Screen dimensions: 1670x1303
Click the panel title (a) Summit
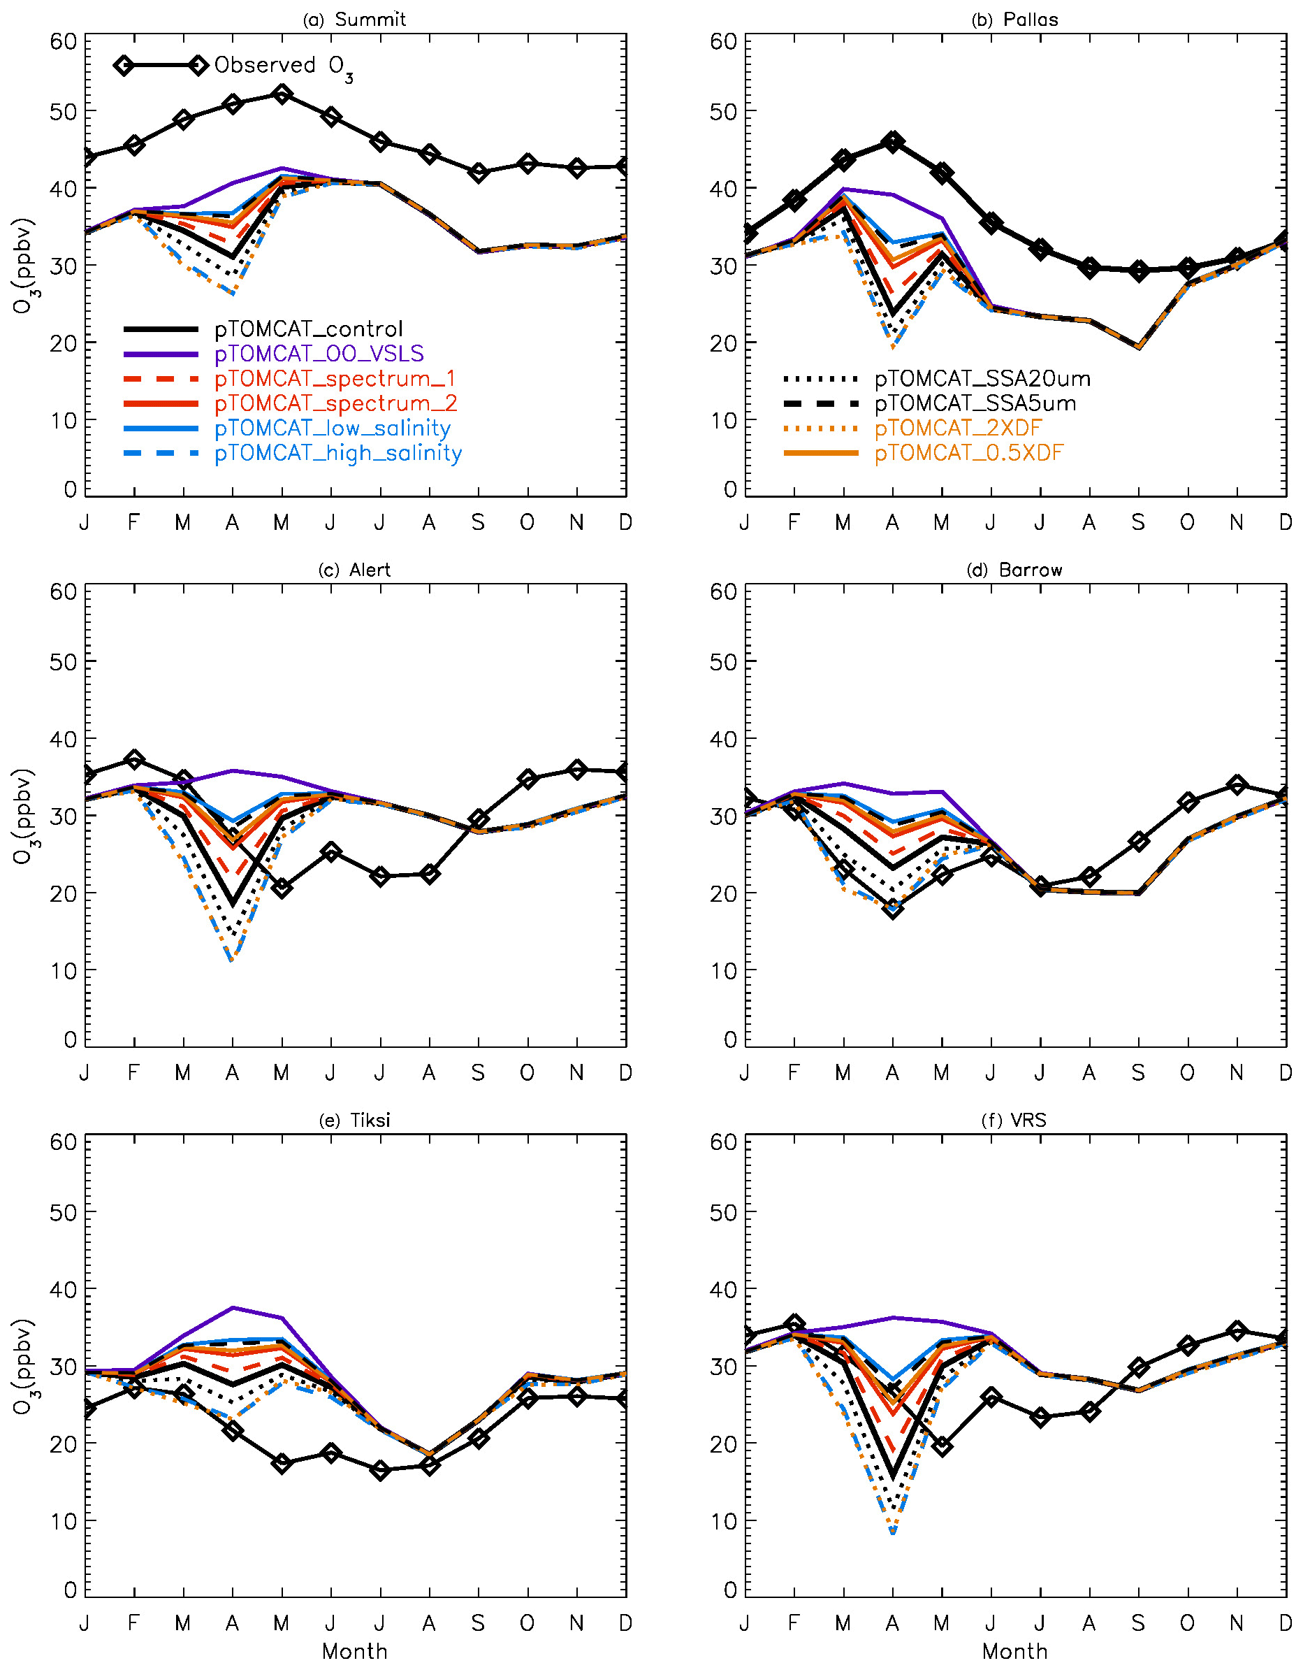coord(355,20)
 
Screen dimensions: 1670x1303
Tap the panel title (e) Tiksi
coord(355,1121)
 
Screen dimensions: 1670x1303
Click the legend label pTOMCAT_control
coord(308,329)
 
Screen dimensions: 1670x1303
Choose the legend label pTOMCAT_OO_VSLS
coord(319,354)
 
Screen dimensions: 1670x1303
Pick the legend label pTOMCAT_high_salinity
coord(337,454)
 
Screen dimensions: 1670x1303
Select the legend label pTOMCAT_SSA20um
coord(982,380)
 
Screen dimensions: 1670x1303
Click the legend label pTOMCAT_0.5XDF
coord(968,454)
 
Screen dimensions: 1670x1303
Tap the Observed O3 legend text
coord(284,66)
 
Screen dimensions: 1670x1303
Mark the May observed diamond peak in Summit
coord(282,95)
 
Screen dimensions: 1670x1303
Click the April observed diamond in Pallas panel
coord(892,142)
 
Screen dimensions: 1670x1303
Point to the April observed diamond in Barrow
coord(892,909)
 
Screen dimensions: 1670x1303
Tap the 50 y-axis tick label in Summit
coord(64,112)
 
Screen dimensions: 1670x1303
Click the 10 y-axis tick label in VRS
coord(723,1522)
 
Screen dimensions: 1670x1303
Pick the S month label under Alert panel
coord(478,1073)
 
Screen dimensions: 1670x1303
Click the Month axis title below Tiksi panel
coord(355,1651)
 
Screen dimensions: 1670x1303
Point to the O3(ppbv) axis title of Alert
coord(23,816)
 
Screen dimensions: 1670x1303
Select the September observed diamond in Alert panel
coord(479,820)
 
